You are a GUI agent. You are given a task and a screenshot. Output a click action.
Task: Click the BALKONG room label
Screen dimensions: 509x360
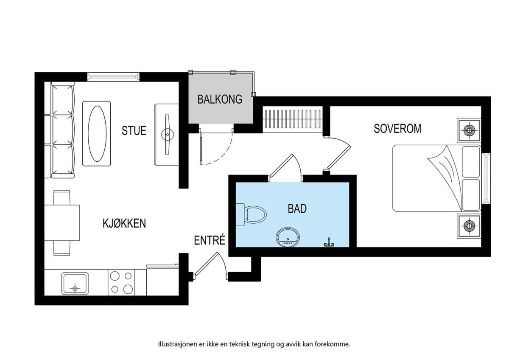click(x=220, y=99)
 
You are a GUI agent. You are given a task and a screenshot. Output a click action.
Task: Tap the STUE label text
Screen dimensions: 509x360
click(x=134, y=130)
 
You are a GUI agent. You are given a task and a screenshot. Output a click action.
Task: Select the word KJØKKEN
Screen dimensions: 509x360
click(x=124, y=223)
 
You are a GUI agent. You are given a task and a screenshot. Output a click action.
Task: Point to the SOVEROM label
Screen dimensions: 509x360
click(x=397, y=129)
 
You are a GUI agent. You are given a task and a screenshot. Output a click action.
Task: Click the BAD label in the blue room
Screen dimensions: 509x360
click(x=297, y=208)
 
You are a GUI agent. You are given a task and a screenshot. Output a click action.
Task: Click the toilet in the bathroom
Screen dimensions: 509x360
click(x=251, y=215)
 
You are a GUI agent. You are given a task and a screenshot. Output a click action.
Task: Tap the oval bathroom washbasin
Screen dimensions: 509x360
click(x=288, y=237)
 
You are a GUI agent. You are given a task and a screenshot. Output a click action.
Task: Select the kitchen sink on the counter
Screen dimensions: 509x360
click(x=75, y=283)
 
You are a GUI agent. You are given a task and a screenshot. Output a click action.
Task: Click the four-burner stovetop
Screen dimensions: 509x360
click(x=121, y=282)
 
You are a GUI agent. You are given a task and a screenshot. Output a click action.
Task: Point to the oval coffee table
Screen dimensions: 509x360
click(x=97, y=134)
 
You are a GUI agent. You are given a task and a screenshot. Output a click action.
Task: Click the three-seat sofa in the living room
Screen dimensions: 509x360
click(x=59, y=130)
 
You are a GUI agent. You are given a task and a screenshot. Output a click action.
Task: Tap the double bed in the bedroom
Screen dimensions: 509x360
click(x=437, y=178)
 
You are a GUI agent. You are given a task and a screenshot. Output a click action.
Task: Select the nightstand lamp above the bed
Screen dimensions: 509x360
click(x=469, y=130)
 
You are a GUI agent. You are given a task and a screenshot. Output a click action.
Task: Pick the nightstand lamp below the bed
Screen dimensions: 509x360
click(x=469, y=226)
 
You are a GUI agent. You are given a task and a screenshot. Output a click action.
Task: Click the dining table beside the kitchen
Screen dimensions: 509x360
click(x=62, y=223)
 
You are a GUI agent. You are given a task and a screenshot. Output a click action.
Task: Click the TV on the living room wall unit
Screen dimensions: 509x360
click(x=168, y=135)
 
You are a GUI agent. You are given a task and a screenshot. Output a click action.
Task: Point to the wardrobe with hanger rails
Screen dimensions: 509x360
click(x=293, y=119)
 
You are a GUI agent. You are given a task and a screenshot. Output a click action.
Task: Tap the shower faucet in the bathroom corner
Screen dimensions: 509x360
click(x=329, y=243)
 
